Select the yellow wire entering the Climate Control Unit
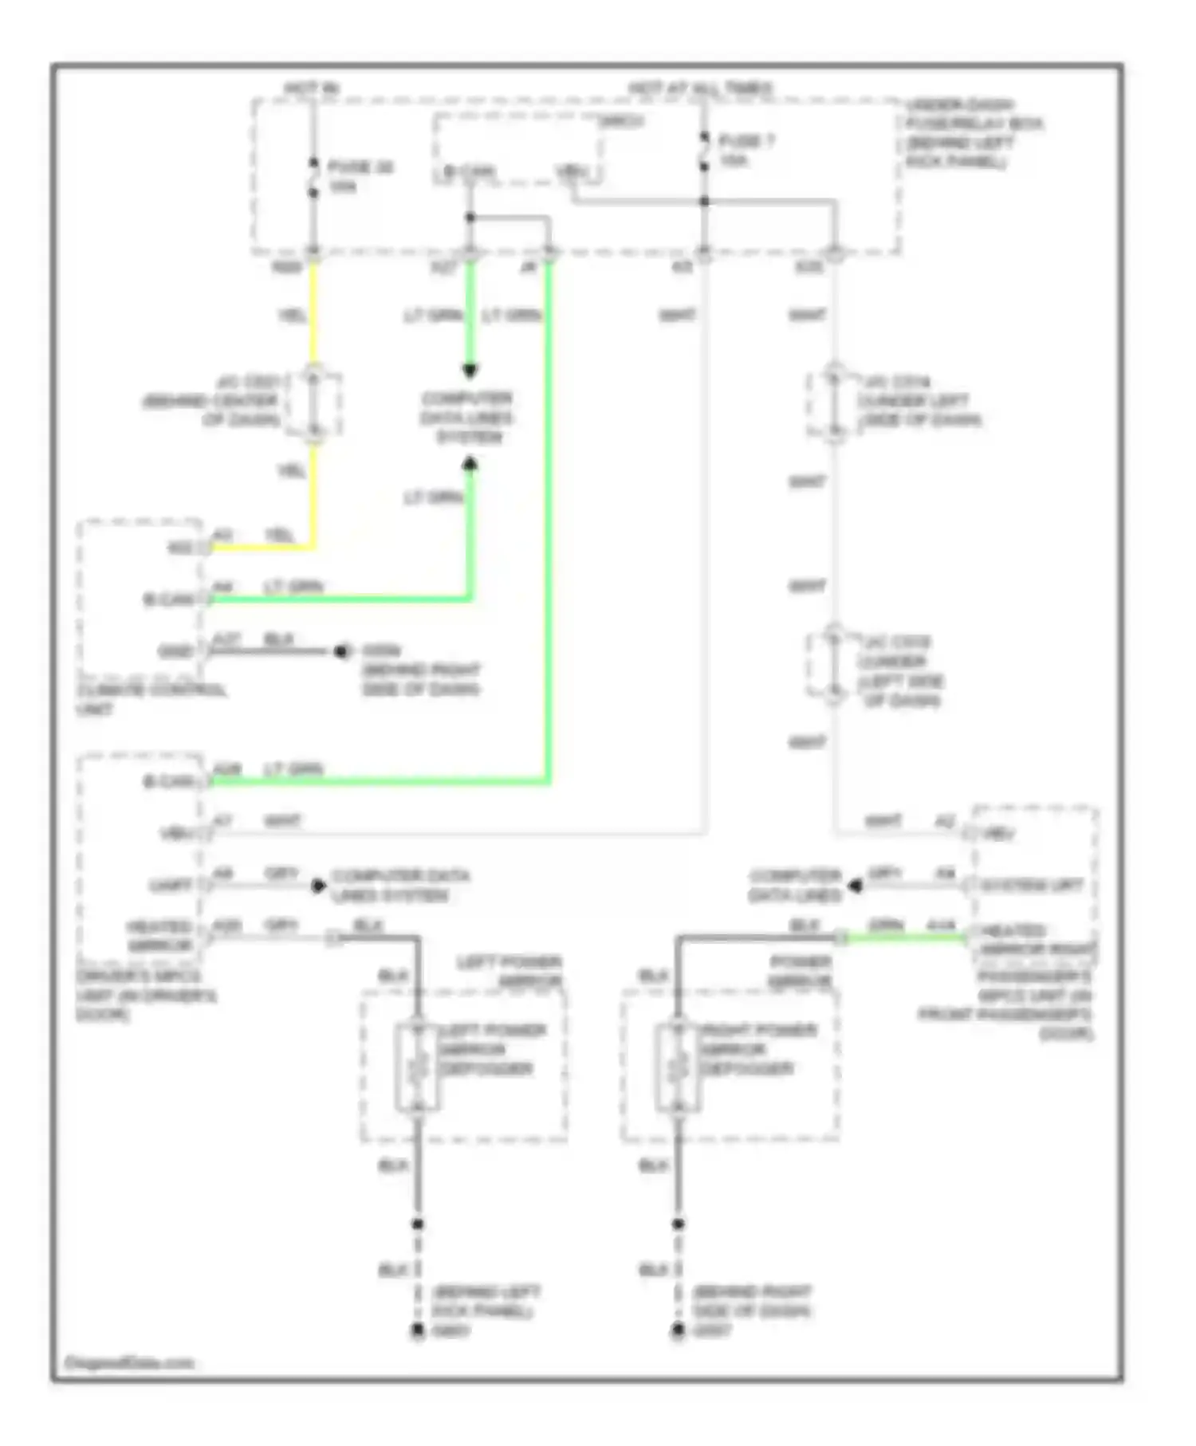coord(263,548)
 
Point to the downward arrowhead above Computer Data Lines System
coord(470,371)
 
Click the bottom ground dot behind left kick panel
coord(417,1330)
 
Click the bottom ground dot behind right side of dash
coord(678,1330)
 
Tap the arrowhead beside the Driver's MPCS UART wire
coord(318,886)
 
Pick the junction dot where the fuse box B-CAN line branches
coord(470,217)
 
